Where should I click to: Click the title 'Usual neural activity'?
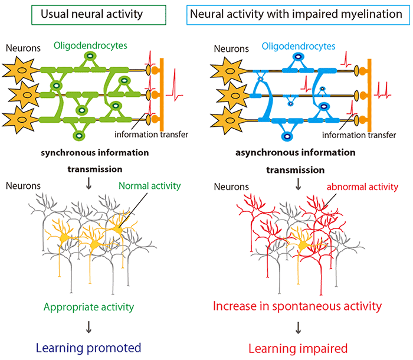click(x=91, y=14)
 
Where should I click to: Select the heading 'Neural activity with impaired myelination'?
click(x=296, y=14)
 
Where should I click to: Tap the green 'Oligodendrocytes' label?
click(x=90, y=45)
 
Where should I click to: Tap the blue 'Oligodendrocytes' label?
click(x=299, y=47)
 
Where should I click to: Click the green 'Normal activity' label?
click(x=150, y=186)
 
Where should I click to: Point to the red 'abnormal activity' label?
click(x=362, y=187)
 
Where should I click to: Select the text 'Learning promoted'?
click(x=88, y=348)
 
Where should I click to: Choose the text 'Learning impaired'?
click(x=298, y=348)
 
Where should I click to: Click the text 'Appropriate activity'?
click(x=88, y=307)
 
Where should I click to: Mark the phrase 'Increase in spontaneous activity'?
click(x=297, y=306)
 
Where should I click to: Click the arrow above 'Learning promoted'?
click(x=88, y=327)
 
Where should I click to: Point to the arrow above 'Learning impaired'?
click(x=298, y=328)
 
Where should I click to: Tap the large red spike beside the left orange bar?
click(x=175, y=86)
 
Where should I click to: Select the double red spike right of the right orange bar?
click(x=383, y=90)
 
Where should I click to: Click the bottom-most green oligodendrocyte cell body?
click(x=79, y=136)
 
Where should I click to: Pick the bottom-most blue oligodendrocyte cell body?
click(x=287, y=137)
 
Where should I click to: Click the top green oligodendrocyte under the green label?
click(x=90, y=56)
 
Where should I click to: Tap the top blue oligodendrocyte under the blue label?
click(x=298, y=57)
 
